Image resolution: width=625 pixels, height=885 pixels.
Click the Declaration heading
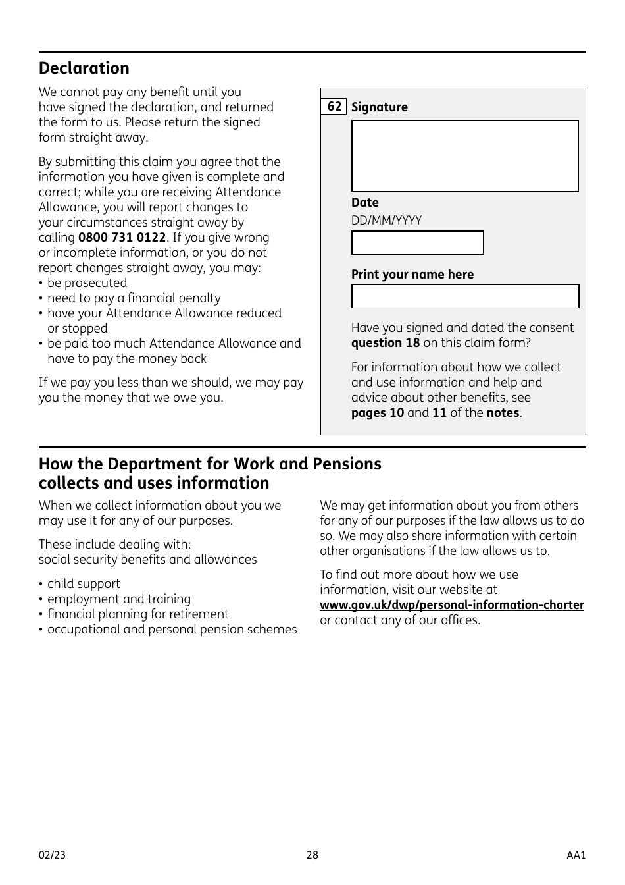[x=84, y=68]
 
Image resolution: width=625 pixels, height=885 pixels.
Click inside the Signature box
[x=464, y=155]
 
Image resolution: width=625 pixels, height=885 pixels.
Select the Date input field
[x=417, y=242]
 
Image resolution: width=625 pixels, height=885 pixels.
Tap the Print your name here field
[x=464, y=296]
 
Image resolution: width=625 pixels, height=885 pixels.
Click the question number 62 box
[x=334, y=107]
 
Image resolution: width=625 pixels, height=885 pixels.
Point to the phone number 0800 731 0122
[x=122, y=238]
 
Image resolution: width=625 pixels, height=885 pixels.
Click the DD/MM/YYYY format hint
[x=386, y=221]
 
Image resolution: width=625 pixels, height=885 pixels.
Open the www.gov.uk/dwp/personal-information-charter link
[x=451, y=605]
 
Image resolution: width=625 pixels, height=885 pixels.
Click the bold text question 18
[x=385, y=343]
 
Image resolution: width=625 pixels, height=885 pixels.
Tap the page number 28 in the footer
[x=312, y=855]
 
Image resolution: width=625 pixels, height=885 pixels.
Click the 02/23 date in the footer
[x=52, y=855]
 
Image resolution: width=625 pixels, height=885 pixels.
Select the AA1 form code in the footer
[x=576, y=855]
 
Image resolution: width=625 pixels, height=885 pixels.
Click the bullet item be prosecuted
[x=87, y=283]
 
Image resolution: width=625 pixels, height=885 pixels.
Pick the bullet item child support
[x=84, y=584]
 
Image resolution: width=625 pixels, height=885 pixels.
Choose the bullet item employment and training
[x=118, y=599]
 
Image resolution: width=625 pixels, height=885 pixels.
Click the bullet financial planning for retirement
[x=137, y=614]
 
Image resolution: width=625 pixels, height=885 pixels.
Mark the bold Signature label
[x=379, y=107]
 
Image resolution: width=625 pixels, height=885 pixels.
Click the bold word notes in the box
[x=503, y=413]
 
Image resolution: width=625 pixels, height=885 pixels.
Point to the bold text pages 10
[x=377, y=413]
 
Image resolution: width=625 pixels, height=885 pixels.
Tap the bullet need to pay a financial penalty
[x=134, y=298]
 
